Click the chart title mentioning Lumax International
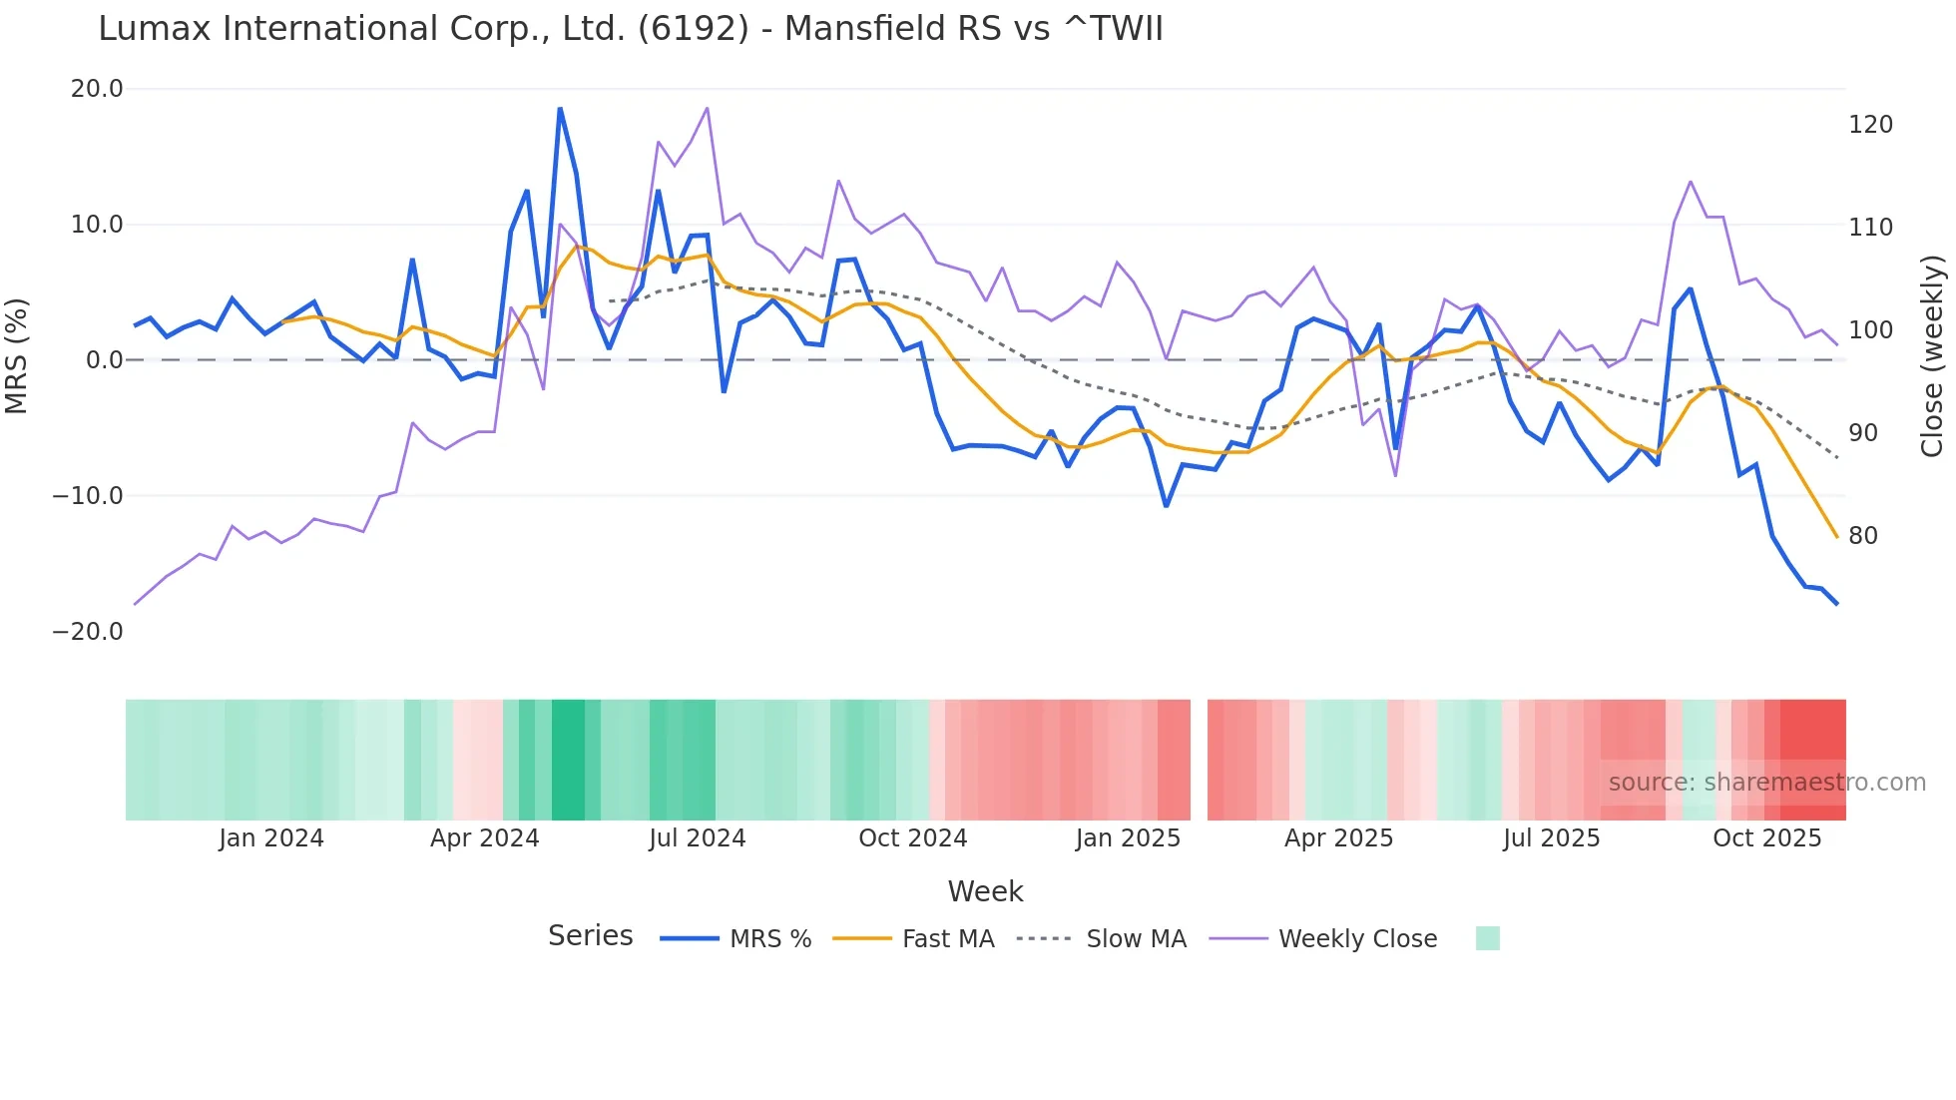click(631, 28)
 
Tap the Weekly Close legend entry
click(1323, 939)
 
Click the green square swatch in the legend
click(1487, 938)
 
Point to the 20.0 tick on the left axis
click(97, 89)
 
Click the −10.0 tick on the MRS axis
click(88, 496)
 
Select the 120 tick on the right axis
click(1870, 125)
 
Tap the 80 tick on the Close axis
click(1863, 536)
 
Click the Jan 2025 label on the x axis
click(1128, 838)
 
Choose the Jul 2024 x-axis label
click(698, 838)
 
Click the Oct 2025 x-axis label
click(1766, 838)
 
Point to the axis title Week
click(985, 891)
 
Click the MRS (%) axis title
click(16, 356)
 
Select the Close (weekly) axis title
click(1932, 356)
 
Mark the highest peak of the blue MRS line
click(560, 108)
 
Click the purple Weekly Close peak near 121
click(708, 108)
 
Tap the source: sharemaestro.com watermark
click(1766, 783)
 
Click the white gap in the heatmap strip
click(1199, 760)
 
